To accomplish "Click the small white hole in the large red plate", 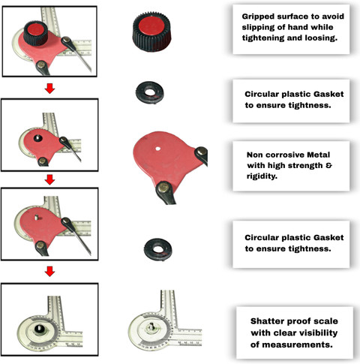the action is point(157,149).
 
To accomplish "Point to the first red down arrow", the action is point(49,89).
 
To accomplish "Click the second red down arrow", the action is point(49,179).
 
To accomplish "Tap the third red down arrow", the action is point(49,272).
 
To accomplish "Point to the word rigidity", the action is point(262,176).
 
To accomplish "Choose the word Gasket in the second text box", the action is point(328,94).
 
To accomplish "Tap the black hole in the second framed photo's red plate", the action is point(38,138).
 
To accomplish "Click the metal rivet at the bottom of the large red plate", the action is point(163,187).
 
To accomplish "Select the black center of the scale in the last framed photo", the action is point(39,329).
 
